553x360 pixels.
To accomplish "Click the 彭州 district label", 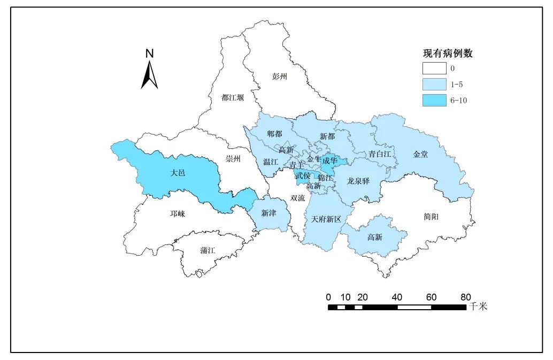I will click(x=280, y=76).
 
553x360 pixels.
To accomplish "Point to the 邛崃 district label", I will click(x=178, y=214).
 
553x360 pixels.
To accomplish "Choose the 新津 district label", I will click(x=269, y=213).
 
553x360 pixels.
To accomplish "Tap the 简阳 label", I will click(x=431, y=217).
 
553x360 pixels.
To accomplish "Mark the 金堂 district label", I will click(x=421, y=154).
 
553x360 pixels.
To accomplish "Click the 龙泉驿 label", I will click(x=358, y=181).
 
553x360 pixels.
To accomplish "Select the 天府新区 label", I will click(x=326, y=219).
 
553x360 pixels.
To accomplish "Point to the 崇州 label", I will click(x=233, y=159).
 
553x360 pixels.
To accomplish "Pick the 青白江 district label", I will click(x=380, y=154).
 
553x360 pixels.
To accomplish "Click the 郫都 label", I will click(x=274, y=134).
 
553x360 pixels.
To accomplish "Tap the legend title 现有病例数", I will click(x=447, y=53).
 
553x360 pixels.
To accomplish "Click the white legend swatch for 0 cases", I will click(x=434, y=68).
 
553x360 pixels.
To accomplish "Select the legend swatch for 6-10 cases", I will click(x=434, y=100).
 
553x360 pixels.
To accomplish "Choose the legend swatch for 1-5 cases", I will click(x=434, y=85).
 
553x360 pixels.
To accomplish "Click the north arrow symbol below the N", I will click(x=150, y=76).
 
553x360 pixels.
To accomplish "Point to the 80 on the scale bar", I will click(x=465, y=297).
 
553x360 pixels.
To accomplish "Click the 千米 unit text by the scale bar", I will click(x=479, y=307).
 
